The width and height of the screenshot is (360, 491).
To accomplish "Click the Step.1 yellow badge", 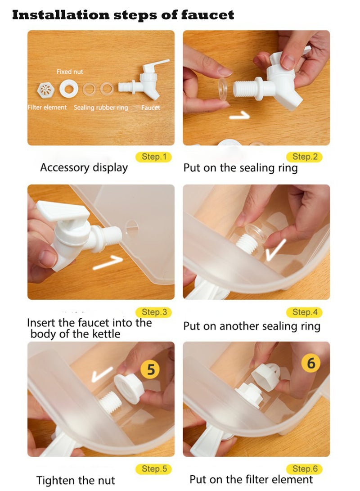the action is click(x=153, y=157).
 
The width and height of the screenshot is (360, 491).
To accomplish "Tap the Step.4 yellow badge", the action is click(x=304, y=312).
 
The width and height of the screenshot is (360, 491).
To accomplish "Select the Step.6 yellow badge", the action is click(x=304, y=469).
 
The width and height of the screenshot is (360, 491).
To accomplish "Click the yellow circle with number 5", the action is click(x=150, y=369).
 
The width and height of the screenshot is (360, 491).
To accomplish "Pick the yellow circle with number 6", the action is click(x=311, y=363).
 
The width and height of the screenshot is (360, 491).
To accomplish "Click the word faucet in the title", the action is click(x=207, y=15).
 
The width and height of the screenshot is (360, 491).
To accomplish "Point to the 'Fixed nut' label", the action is click(x=70, y=72).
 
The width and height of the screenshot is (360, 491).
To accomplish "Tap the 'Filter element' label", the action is click(x=47, y=108).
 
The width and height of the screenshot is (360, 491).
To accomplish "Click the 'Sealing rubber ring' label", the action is click(x=101, y=108).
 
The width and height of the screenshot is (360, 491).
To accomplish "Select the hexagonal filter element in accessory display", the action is click(x=46, y=90).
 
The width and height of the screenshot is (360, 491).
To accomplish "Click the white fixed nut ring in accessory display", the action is click(x=68, y=89).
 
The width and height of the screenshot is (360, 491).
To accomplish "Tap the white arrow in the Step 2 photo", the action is click(x=240, y=116).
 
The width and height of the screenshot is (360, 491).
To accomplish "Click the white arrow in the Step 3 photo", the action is click(x=108, y=262).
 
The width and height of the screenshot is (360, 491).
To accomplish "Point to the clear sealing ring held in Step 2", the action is click(x=223, y=89).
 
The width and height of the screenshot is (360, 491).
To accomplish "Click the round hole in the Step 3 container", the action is click(x=131, y=228).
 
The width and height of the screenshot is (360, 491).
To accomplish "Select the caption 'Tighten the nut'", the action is click(x=76, y=480).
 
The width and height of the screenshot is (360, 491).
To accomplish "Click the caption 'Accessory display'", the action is click(x=84, y=167).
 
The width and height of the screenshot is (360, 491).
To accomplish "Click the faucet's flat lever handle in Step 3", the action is click(x=63, y=211).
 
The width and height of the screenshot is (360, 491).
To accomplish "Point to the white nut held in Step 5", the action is click(x=129, y=387).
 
